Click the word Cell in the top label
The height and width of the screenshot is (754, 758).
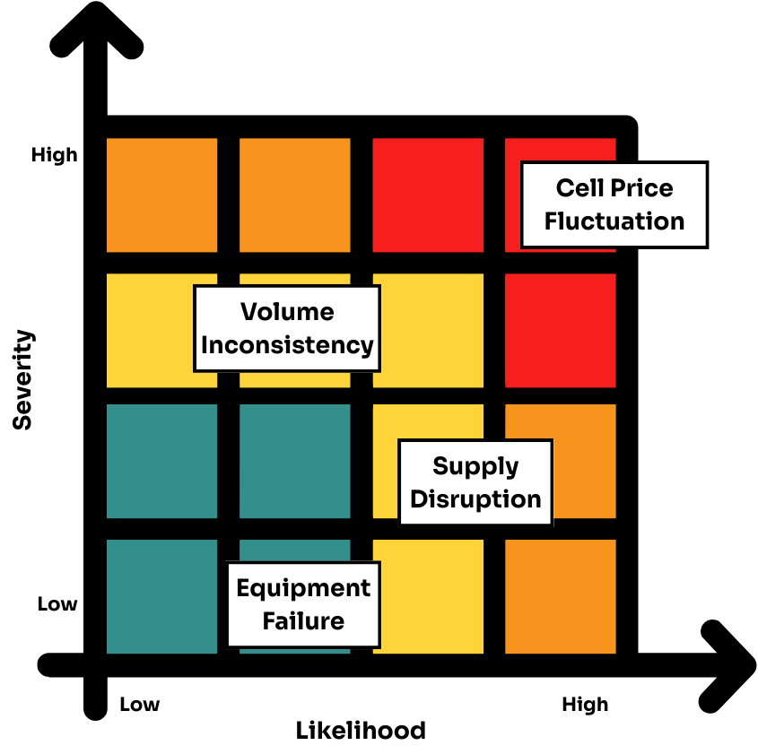point(578,188)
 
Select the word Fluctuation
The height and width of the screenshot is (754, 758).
point(614,221)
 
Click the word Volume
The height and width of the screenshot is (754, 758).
point(287,312)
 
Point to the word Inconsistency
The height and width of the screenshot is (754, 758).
point(287,345)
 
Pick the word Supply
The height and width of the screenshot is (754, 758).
point(475,466)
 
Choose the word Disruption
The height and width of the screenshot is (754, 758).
point(475,499)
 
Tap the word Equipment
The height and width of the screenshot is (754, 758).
point(303,588)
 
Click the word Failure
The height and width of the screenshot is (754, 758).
point(303,621)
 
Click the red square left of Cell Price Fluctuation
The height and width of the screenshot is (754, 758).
point(428,195)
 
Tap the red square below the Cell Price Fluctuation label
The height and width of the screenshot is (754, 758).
point(561,330)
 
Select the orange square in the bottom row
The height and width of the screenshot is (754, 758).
point(561,596)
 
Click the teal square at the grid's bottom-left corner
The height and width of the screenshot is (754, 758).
point(161,596)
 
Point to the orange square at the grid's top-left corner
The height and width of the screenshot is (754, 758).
point(161,195)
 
